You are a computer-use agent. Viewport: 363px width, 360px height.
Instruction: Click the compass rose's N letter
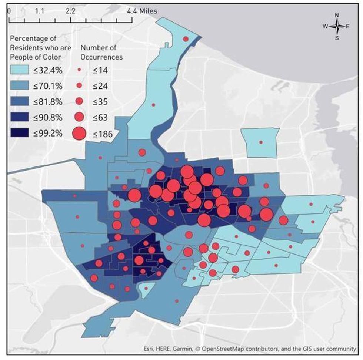tap(337, 15)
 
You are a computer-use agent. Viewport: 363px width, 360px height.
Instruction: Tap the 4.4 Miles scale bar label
tap(142, 11)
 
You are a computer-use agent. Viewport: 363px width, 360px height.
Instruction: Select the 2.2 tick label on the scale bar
tap(70, 11)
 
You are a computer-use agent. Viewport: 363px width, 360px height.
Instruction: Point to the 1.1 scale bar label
tap(40, 11)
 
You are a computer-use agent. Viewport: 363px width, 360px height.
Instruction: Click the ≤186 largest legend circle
tap(79, 134)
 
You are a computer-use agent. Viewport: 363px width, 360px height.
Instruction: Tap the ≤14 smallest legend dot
tap(79, 70)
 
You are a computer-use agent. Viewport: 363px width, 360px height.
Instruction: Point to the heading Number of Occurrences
tap(102, 52)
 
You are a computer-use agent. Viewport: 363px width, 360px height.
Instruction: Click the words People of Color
tap(36, 57)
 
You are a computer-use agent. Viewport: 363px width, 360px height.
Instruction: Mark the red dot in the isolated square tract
tap(261, 142)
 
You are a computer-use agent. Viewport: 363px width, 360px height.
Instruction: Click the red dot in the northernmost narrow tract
tap(186, 39)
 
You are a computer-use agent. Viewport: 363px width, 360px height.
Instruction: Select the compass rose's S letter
tap(337, 37)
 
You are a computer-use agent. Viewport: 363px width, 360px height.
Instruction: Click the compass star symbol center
tap(337, 26)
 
